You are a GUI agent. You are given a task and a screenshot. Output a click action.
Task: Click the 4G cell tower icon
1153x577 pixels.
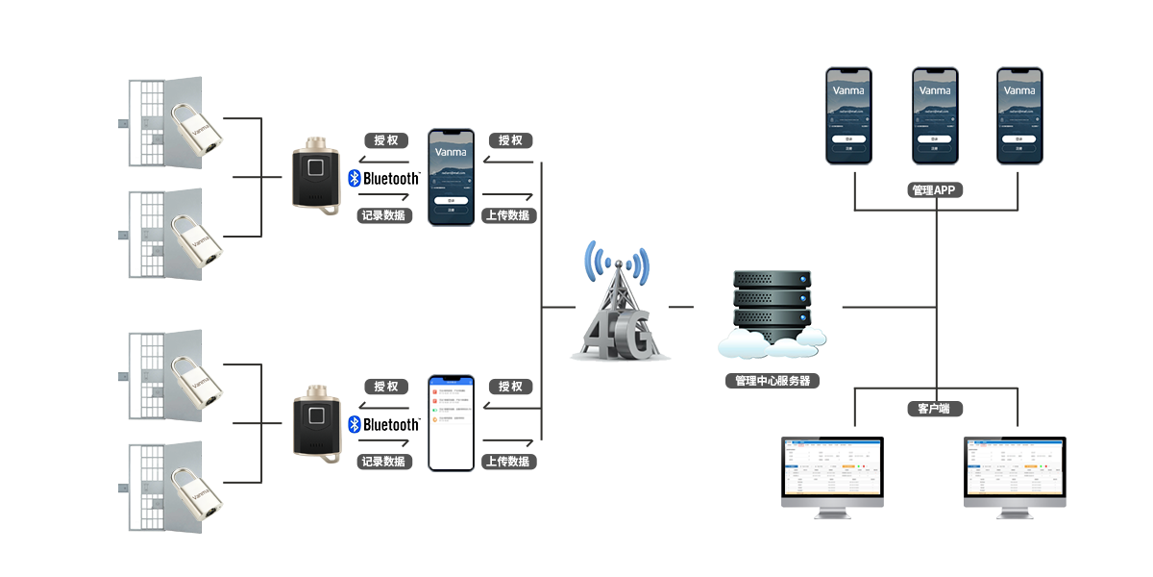[620, 303]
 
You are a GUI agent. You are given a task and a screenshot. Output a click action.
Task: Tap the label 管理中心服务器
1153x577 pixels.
[773, 381]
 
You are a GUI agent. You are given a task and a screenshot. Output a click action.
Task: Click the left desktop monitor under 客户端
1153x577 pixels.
[832, 476]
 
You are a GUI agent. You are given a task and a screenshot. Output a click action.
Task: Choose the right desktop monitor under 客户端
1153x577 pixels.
[1015, 476]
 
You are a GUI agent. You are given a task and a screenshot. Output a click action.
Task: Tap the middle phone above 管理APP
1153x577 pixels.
[935, 116]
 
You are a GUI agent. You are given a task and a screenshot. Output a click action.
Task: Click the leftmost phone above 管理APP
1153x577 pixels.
[849, 116]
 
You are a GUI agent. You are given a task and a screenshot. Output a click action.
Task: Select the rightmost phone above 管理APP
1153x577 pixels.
[1018, 116]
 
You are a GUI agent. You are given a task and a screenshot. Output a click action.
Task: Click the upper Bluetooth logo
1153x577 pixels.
[383, 179]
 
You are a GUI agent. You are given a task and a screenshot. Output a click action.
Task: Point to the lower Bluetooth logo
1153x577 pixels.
[383, 425]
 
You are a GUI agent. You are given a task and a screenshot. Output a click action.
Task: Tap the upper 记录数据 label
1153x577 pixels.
[384, 215]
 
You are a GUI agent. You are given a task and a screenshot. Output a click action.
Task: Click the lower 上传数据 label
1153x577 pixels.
[508, 462]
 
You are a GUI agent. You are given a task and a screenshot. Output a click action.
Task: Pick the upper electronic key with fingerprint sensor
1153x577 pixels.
[316, 175]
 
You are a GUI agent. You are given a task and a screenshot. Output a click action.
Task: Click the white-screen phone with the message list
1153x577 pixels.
[451, 423]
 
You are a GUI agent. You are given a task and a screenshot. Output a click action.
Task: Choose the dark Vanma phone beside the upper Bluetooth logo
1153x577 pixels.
[451, 176]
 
